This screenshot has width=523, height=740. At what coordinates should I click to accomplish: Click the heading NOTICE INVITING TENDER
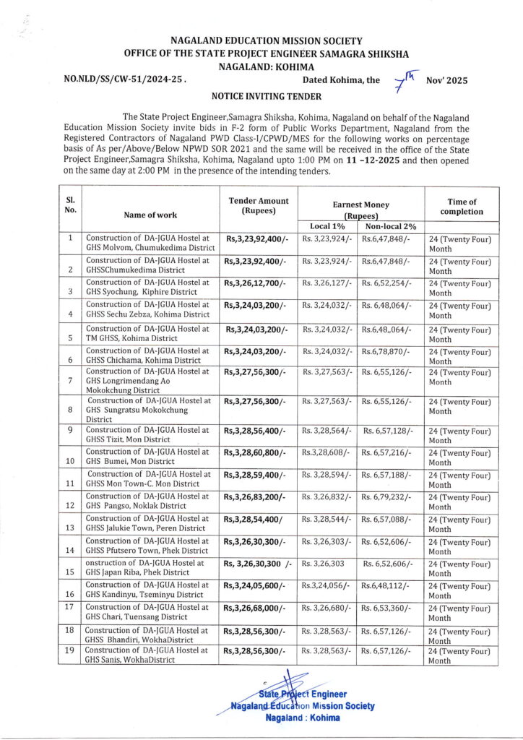pos(260,95)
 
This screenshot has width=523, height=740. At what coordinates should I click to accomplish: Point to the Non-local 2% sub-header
pos(390,227)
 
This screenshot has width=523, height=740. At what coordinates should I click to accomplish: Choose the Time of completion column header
pos(462,207)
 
